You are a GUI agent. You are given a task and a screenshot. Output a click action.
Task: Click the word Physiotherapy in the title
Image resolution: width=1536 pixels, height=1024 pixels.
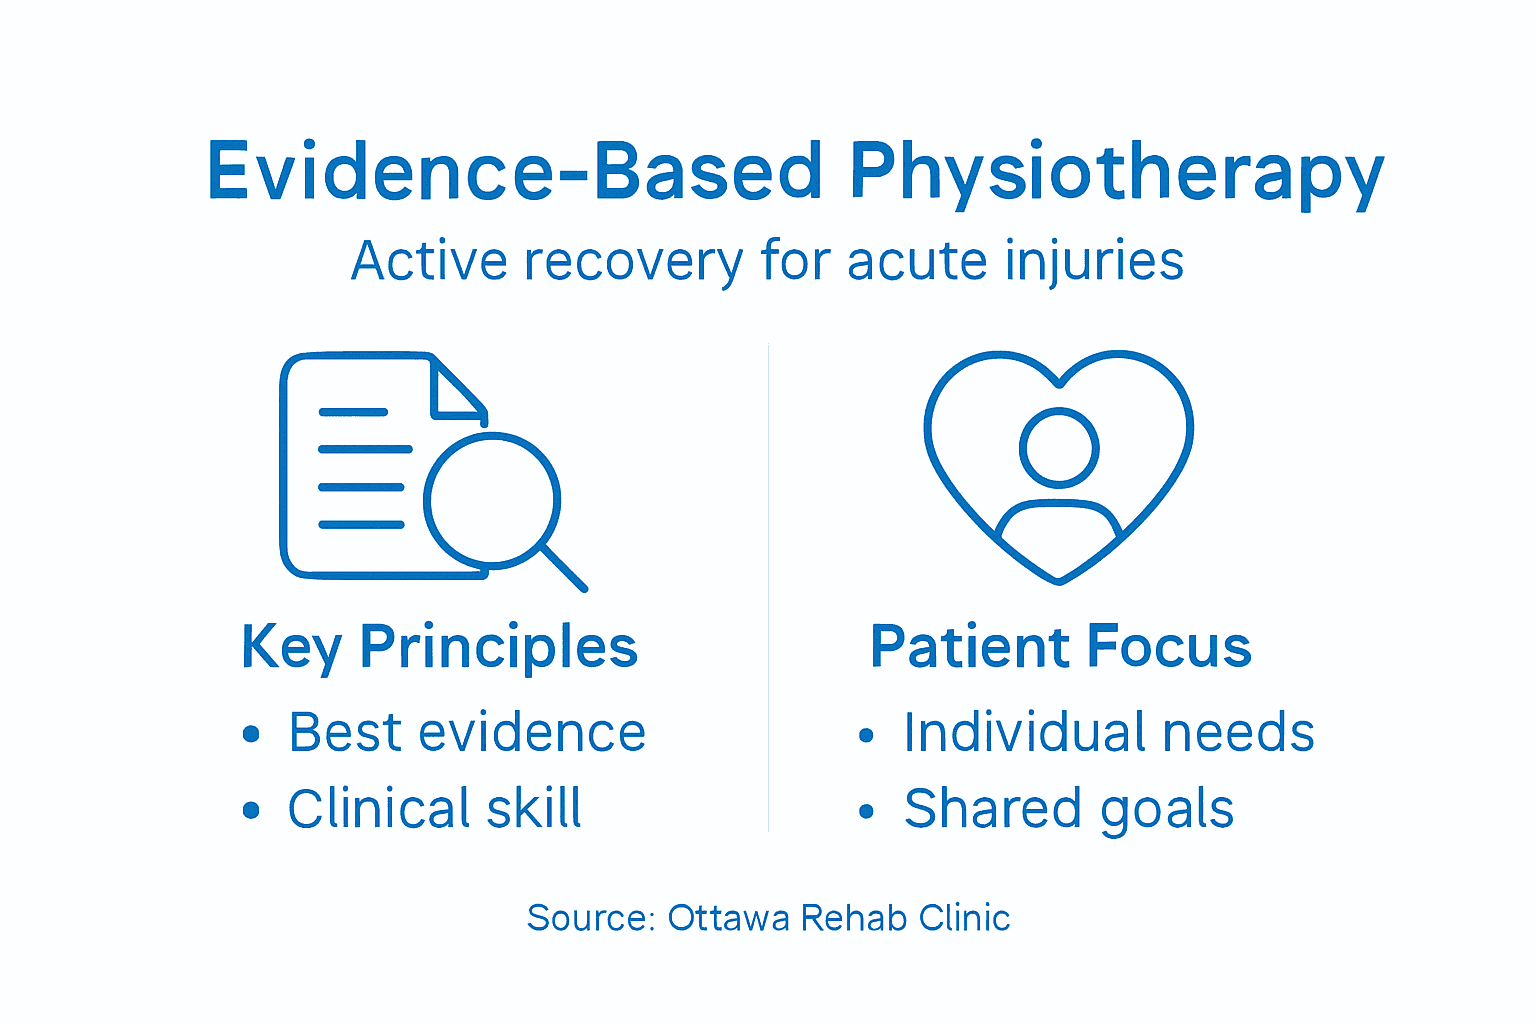tap(1116, 172)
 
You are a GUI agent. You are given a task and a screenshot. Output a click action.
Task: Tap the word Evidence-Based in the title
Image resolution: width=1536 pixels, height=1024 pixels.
tap(514, 172)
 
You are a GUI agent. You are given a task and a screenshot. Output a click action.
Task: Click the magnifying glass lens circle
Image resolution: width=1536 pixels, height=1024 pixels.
tap(491, 500)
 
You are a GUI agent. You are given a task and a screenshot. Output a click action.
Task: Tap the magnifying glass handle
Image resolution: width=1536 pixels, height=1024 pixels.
tap(564, 568)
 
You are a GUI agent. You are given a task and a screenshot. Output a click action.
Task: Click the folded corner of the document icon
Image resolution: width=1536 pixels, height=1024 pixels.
tap(455, 393)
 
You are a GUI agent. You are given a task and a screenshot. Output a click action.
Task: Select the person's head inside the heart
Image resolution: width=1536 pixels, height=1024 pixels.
tap(1058, 447)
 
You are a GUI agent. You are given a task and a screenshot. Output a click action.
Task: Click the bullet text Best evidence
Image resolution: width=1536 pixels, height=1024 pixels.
tap(466, 733)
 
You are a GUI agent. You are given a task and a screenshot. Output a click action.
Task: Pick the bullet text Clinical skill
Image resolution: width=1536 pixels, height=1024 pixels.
tap(434, 808)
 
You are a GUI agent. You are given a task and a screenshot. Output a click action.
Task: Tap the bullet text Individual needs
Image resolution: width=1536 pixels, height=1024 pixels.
tap(1108, 733)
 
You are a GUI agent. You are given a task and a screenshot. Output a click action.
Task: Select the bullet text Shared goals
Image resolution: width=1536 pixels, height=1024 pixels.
tap(1068, 808)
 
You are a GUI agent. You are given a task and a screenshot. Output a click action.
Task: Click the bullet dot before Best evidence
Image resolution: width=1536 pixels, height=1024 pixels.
tap(251, 735)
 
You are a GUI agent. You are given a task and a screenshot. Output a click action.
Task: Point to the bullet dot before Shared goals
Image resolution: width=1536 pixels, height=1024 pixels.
tap(866, 811)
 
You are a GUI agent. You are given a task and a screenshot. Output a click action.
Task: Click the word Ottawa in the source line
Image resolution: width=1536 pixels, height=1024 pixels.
tap(729, 918)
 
